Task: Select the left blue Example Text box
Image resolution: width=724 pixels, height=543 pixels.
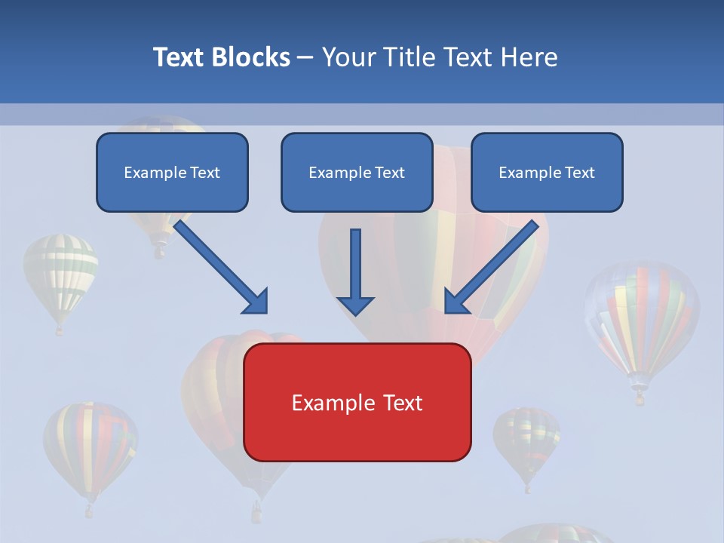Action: tap(172, 172)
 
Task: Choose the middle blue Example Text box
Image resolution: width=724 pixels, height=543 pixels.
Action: tap(357, 172)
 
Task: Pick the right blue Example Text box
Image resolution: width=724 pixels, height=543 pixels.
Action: tap(547, 172)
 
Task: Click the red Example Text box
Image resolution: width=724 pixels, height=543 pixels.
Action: tap(357, 402)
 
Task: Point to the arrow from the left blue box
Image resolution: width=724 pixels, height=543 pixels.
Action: tap(222, 268)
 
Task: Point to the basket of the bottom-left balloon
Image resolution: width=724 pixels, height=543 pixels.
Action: tap(89, 511)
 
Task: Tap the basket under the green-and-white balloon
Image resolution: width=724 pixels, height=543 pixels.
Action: tap(60, 330)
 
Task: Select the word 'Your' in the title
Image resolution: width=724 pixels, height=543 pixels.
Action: tap(347, 57)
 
